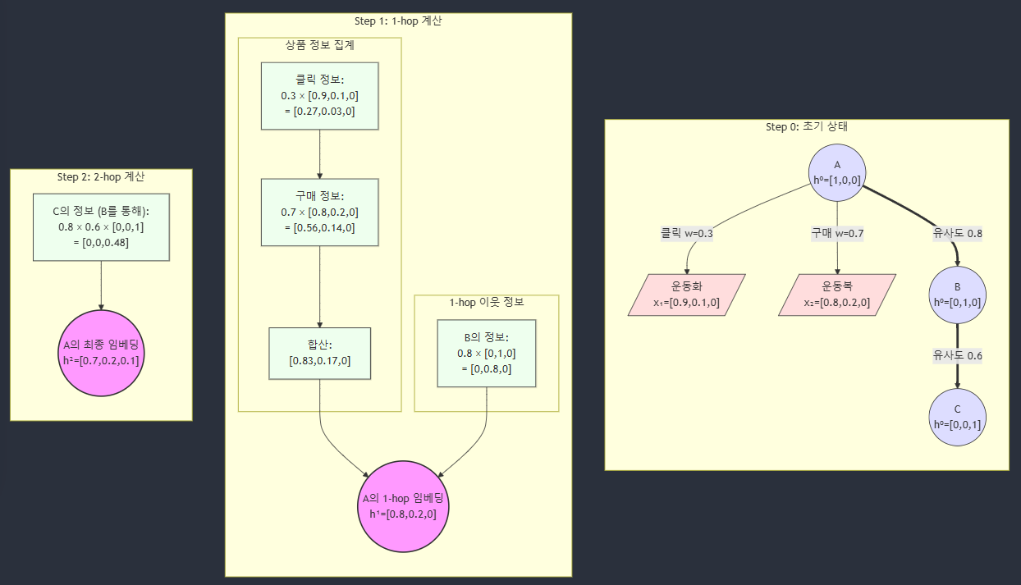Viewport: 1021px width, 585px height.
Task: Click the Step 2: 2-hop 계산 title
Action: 101,176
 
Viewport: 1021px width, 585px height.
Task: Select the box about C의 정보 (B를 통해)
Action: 101,227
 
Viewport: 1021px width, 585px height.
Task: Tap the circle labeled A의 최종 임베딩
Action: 101,353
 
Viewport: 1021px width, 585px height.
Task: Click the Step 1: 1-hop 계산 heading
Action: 398,21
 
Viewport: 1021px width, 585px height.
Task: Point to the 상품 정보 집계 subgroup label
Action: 319,45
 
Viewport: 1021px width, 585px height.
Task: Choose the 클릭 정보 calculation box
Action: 319,96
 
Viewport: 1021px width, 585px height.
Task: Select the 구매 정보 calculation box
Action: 319,213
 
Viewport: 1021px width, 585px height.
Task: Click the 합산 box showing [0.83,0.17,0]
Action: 319,353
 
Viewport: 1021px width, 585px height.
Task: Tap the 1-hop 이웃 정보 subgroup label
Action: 486,302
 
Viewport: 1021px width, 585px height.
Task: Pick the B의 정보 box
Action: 486,354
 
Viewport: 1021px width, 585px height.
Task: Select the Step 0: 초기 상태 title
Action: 806,127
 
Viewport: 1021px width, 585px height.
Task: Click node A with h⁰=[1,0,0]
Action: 837,172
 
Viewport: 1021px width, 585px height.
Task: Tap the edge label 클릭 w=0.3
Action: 687,233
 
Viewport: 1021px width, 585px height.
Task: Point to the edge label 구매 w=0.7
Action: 837,233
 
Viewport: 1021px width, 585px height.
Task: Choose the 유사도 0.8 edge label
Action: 957,233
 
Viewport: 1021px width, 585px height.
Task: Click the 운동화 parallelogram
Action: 687,295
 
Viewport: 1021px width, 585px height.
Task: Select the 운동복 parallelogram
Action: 837,295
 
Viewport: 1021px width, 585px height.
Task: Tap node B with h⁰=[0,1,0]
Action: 957,295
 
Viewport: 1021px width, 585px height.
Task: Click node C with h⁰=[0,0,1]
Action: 957,417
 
